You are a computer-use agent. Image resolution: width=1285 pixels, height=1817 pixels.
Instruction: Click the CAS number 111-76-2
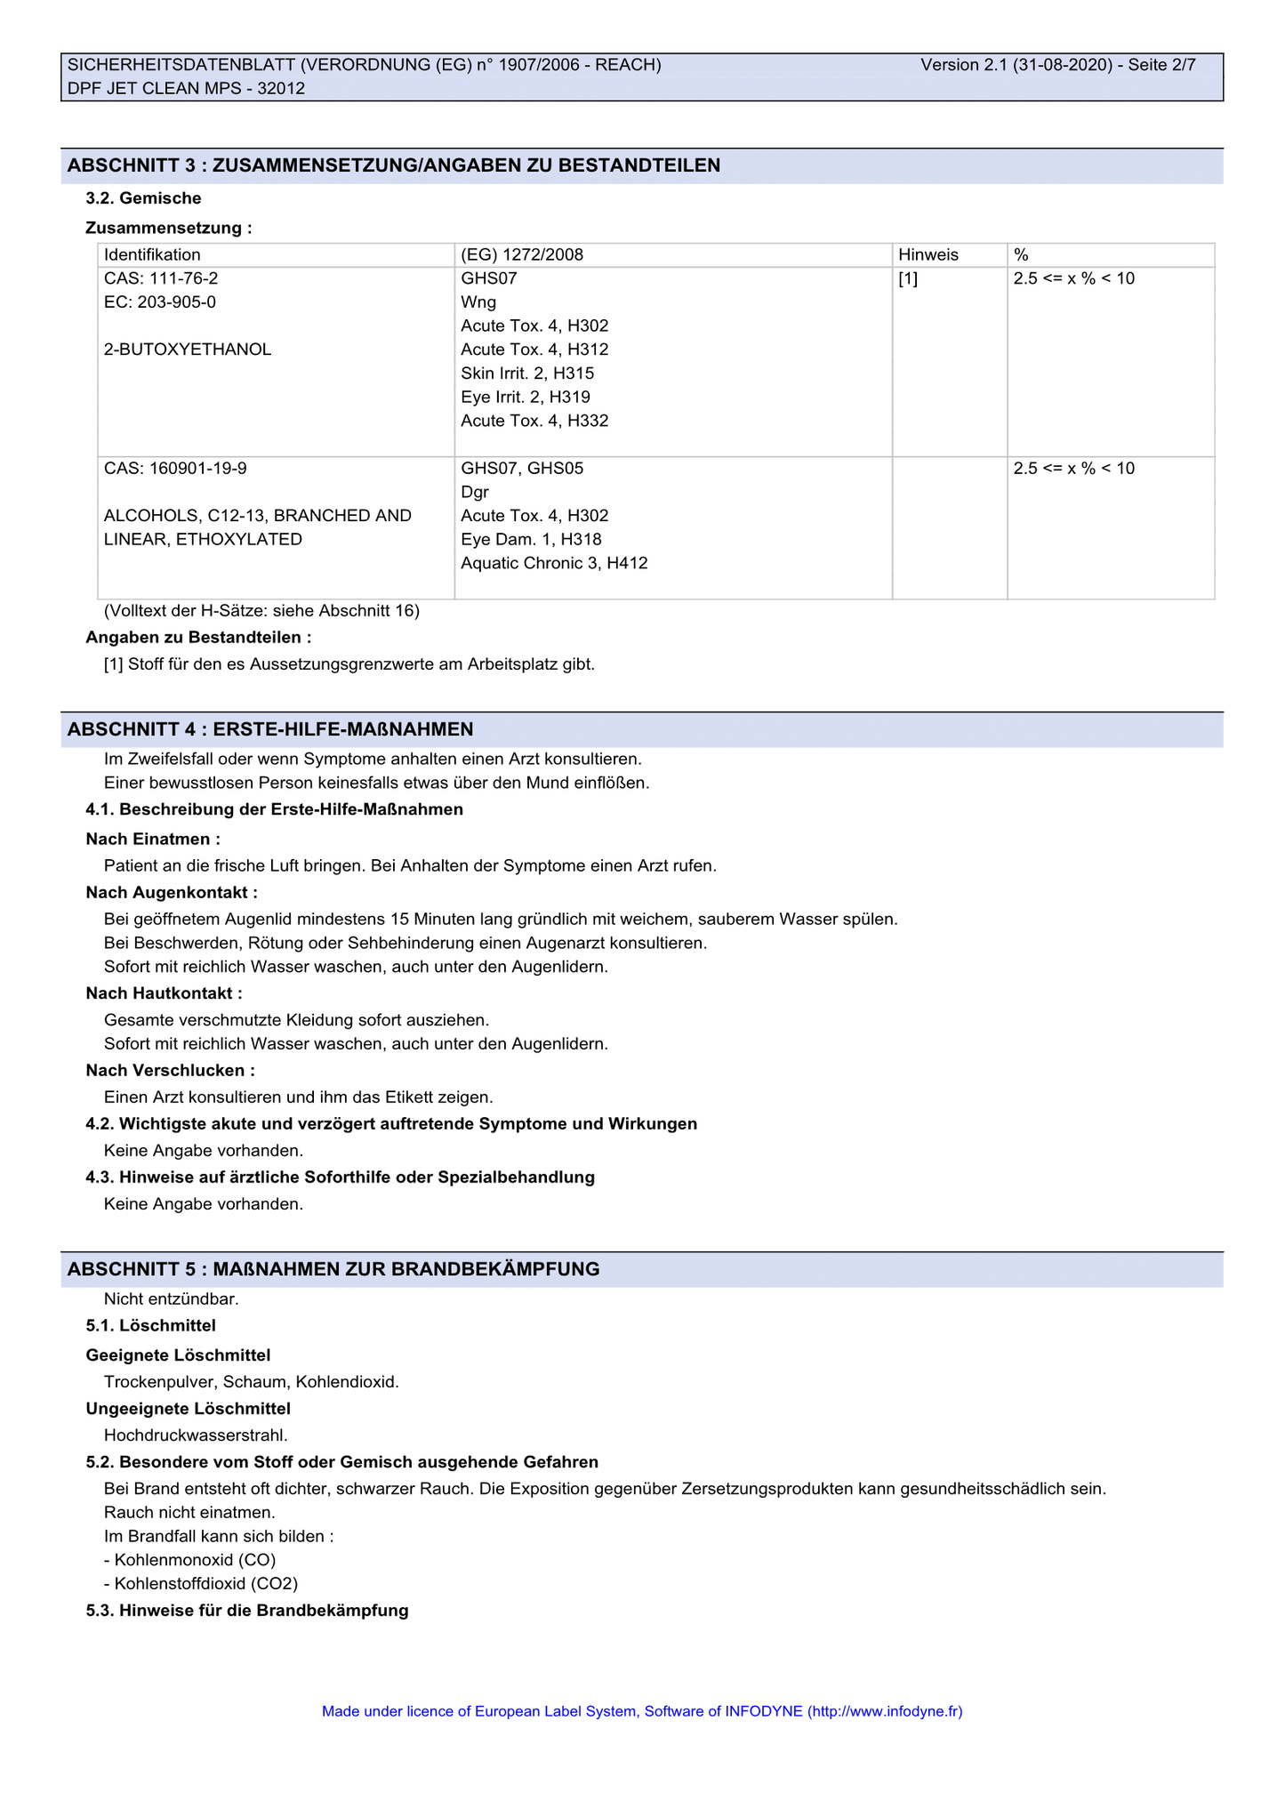pyautogui.click(x=161, y=278)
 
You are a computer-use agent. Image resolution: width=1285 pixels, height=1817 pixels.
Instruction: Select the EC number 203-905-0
pyautogui.click(x=160, y=302)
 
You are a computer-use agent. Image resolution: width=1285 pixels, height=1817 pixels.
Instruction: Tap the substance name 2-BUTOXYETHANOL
pyautogui.click(x=188, y=350)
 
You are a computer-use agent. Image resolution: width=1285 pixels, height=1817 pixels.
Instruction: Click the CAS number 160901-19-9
pyautogui.click(x=175, y=469)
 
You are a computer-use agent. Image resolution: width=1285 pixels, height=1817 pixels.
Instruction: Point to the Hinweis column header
pyautogui.click(x=928, y=255)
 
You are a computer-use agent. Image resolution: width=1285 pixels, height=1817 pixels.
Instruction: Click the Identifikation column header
pyautogui.click(x=152, y=255)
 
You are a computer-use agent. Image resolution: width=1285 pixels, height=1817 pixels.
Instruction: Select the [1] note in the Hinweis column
pyautogui.click(x=908, y=278)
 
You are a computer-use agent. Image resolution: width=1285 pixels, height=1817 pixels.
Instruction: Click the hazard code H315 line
pyautogui.click(x=527, y=374)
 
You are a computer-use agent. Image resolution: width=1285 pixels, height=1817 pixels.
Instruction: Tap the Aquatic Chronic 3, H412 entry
pyautogui.click(x=554, y=563)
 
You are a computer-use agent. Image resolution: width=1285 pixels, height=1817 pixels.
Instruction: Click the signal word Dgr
pyautogui.click(x=475, y=493)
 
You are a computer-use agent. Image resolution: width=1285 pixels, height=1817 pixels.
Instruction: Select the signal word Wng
pyautogui.click(x=478, y=302)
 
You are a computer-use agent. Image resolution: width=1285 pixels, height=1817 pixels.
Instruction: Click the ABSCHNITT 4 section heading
pyautogui.click(x=270, y=730)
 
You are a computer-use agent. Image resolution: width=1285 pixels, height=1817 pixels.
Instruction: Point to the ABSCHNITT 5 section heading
pyautogui.click(x=333, y=1270)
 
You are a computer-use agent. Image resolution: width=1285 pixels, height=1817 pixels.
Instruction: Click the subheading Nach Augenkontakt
pyautogui.click(x=172, y=893)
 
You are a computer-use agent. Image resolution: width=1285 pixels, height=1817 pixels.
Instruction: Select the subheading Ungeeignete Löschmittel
pyautogui.click(x=189, y=1409)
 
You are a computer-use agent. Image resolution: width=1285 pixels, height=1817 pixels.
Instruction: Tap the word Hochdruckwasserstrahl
pyautogui.click(x=196, y=1435)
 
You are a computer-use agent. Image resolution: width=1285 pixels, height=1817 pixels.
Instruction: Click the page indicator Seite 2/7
pyautogui.click(x=1161, y=65)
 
